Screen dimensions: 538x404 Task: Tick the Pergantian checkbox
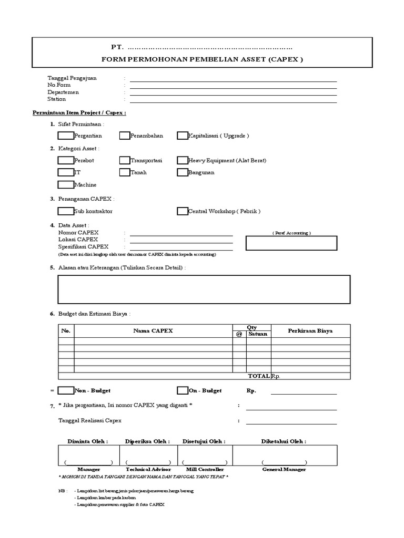pyautogui.click(x=66, y=136)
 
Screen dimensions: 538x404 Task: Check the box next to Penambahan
pyautogui.click(x=125, y=136)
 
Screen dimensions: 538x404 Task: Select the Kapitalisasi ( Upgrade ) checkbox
pyautogui.click(x=183, y=136)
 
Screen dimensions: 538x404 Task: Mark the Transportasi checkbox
pyautogui.click(x=125, y=160)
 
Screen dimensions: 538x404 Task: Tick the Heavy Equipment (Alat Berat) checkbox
pyautogui.click(x=183, y=160)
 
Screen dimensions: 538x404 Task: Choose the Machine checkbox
pyautogui.click(x=66, y=184)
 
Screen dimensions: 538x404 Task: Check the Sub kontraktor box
pyautogui.click(x=66, y=211)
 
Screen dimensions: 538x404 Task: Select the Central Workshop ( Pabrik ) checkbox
pyautogui.click(x=183, y=211)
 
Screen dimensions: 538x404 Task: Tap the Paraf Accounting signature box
pyautogui.click(x=291, y=243)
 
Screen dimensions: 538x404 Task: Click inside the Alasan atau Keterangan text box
pyautogui.click(x=204, y=289)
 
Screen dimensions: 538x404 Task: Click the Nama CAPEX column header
pyautogui.click(x=153, y=331)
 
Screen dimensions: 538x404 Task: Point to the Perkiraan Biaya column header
pyautogui.click(x=310, y=331)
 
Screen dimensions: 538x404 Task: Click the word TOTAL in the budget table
pyautogui.click(x=259, y=376)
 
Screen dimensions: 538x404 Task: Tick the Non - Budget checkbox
pyautogui.click(x=66, y=390)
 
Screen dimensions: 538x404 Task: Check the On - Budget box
pyautogui.click(x=183, y=390)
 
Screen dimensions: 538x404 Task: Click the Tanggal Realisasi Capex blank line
pyautogui.click(x=291, y=421)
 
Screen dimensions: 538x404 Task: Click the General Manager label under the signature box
pyautogui.click(x=284, y=469)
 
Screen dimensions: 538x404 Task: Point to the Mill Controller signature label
pyautogui.click(x=205, y=469)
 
